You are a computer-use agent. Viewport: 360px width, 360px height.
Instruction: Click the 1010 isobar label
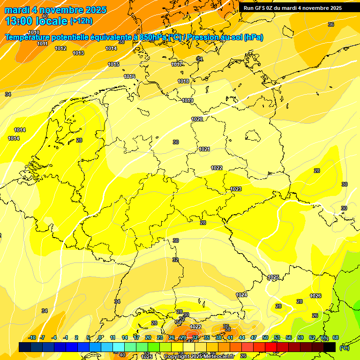(x=33, y=32)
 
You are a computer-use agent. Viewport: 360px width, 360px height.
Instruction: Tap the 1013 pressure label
(x=78, y=53)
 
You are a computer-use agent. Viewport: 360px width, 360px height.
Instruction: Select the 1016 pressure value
(x=129, y=76)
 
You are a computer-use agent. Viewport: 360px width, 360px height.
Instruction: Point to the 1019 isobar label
(x=187, y=100)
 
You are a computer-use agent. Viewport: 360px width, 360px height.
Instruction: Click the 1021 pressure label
(x=204, y=149)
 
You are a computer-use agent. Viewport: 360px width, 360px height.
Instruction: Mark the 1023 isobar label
(x=236, y=189)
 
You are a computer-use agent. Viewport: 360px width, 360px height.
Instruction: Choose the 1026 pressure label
(x=315, y=296)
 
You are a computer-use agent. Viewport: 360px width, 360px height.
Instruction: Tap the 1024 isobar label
(x=241, y=295)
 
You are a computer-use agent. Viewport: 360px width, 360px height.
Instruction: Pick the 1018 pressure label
(x=183, y=81)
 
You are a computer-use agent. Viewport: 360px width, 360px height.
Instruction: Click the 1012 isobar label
(x=60, y=48)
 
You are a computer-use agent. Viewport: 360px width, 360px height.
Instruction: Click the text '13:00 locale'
(x=36, y=21)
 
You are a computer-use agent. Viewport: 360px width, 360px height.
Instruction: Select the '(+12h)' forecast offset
(x=81, y=21)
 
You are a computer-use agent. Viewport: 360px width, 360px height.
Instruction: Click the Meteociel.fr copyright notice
(x=199, y=357)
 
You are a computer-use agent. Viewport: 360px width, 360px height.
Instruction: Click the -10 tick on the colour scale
(x=32, y=337)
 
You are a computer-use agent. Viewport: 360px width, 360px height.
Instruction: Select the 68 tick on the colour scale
(x=336, y=337)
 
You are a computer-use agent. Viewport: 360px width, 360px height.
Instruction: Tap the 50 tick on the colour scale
(x=265, y=337)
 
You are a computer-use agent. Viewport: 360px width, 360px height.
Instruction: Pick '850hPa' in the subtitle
(x=153, y=37)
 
